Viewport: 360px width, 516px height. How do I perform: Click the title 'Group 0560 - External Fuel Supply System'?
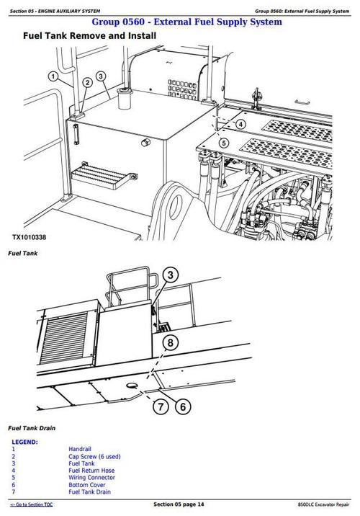181,22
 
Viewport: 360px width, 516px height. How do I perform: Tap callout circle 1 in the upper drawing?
54,76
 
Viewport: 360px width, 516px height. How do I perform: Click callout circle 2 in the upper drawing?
88,82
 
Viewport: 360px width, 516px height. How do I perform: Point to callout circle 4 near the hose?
241,124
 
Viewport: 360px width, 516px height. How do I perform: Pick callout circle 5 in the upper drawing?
225,143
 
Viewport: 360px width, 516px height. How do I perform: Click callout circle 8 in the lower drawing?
169,342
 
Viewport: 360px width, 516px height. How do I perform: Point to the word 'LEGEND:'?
24,442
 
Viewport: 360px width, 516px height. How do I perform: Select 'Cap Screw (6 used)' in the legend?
94,456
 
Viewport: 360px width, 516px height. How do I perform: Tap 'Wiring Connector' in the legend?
91,477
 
